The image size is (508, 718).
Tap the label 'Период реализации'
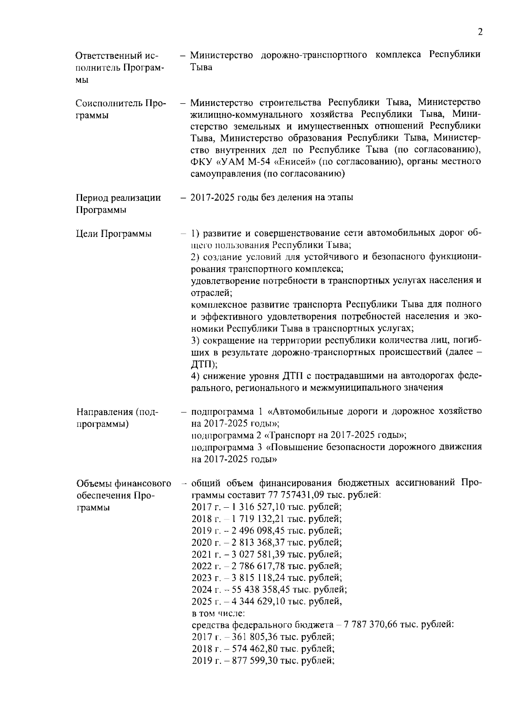[x=118, y=198]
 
